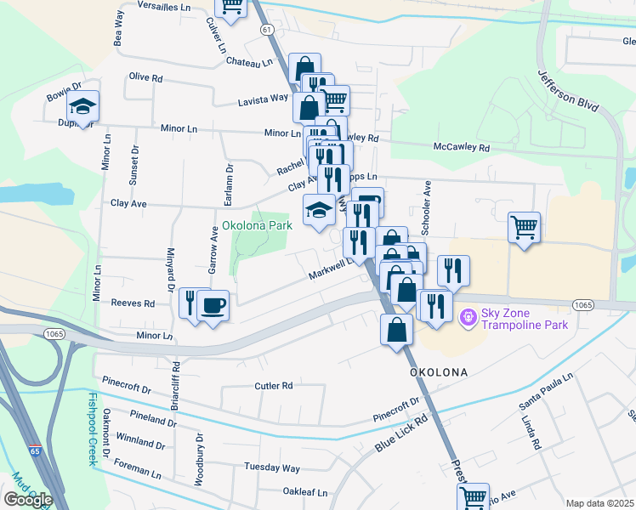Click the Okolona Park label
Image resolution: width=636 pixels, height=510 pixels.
click(257, 225)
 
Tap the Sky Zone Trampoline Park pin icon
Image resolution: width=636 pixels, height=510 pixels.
click(467, 319)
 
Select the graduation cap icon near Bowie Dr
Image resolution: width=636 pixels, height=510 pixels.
click(82, 107)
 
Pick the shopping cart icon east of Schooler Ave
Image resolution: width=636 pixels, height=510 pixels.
click(524, 227)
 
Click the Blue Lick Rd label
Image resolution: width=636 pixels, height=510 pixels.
click(400, 433)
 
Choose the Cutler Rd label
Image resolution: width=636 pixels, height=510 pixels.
click(274, 385)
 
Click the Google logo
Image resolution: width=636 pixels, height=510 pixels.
click(28, 500)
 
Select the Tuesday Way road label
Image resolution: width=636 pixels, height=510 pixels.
click(272, 467)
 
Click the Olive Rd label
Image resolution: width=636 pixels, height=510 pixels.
click(145, 77)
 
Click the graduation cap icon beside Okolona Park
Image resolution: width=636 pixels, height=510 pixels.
click(319, 210)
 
